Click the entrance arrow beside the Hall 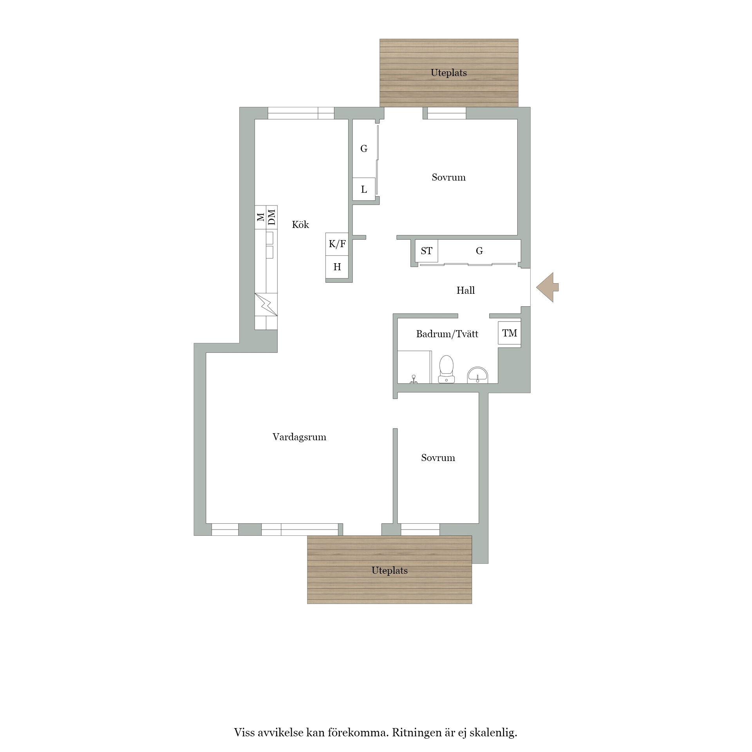547,287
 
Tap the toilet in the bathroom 446,369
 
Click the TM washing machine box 509,333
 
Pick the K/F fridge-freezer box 337,244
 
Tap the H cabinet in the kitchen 337,267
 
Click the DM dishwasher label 272,217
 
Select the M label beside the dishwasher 260,217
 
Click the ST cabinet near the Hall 427,251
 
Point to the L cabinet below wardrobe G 364,190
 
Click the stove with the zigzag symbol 266,304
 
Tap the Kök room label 300,224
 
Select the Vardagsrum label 299,437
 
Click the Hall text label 465,290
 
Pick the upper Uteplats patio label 449,72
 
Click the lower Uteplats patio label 390,570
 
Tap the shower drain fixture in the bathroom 413,379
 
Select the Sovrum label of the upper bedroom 448,177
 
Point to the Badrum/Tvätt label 447,334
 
